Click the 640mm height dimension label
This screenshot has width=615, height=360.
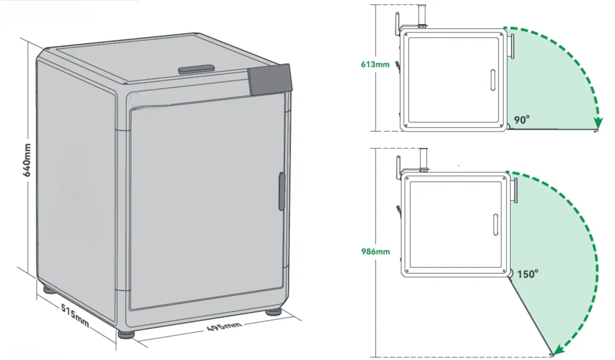[x=27, y=160]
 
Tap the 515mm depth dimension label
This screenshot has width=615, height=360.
[x=75, y=316]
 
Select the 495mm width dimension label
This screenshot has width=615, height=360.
[x=224, y=325]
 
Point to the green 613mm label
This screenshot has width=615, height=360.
[x=376, y=64]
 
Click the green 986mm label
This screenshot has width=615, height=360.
[x=376, y=252]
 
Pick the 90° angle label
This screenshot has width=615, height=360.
[x=522, y=120]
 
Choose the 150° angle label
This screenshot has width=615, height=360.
[x=528, y=274]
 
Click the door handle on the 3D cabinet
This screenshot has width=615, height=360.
[x=281, y=191]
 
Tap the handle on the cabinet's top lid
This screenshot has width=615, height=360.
[x=196, y=70]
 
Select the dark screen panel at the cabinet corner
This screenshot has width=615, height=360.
[x=270, y=80]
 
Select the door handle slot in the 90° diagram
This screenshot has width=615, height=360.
[x=493, y=80]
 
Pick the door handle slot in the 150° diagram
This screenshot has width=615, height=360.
[x=496, y=225]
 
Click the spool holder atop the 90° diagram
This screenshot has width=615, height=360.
[x=422, y=16]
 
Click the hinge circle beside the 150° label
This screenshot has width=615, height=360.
[x=510, y=273]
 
